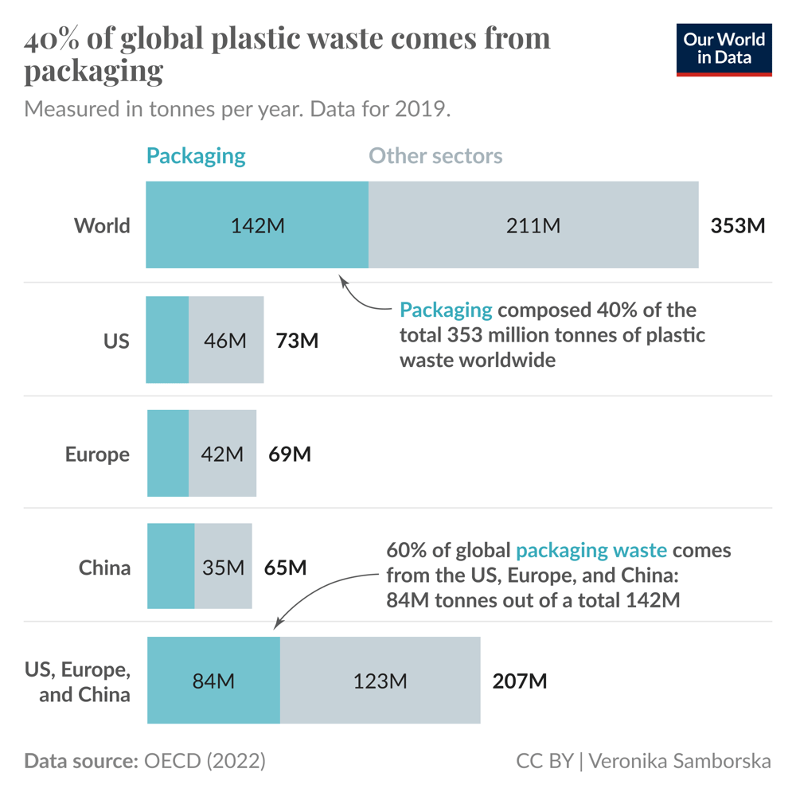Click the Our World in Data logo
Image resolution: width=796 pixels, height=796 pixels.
(x=724, y=49)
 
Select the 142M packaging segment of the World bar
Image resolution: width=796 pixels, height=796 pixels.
(x=257, y=225)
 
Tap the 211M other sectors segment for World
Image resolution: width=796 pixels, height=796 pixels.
(x=533, y=225)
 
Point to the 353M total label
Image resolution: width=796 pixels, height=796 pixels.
(x=737, y=225)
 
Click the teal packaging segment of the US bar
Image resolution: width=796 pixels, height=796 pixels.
(x=167, y=340)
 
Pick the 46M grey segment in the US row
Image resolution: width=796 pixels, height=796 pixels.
(x=226, y=340)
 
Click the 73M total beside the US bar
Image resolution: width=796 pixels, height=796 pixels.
(x=297, y=341)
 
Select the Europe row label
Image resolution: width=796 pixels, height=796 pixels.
(x=97, y=454)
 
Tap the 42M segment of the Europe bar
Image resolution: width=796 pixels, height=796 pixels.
(x=222, y=454)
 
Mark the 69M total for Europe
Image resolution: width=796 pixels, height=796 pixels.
(x=290, y=454)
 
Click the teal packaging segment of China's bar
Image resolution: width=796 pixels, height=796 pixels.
(x=170, y=567)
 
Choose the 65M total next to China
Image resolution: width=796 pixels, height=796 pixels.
(x=285, y=568)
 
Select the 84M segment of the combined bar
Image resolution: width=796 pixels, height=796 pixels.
(x=213, y=681)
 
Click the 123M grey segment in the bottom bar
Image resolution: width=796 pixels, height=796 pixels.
(x=380, y=681)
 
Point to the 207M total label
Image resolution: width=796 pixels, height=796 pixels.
(x=519, y=681)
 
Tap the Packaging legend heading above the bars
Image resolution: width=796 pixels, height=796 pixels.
(x=196, y=155)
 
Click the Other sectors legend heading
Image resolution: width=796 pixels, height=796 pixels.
(x=435, y=155)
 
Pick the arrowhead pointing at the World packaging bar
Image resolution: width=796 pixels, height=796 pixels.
(x=343, y=279)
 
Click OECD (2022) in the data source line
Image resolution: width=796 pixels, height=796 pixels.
(x=204, y=761)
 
